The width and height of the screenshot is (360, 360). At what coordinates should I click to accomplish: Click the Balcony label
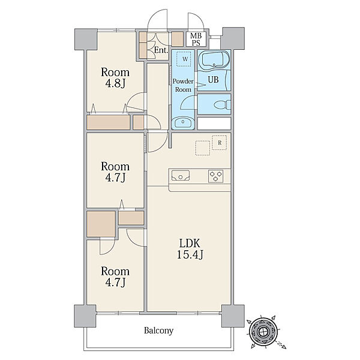coord(158,331)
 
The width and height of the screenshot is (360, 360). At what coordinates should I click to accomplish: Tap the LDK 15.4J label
coord(190,248)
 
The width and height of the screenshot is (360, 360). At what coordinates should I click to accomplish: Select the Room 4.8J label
coord(115,78)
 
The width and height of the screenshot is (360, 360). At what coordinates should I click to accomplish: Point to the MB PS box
coord(196,39)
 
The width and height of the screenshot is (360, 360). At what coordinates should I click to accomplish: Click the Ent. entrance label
coord(161,50)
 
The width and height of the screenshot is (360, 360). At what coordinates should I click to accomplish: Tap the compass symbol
coord(263,331)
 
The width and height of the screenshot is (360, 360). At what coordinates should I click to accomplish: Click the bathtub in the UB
coord(214,59)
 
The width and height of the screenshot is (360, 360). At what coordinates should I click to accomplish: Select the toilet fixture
coord(222,105)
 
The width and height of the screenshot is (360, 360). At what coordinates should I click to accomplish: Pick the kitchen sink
coord(181,176)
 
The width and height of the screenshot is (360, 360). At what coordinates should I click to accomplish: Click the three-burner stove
coord(215,176)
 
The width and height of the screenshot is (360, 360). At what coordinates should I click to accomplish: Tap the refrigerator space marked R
coord(220,143)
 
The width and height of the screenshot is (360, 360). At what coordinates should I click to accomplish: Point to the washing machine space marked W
coord(184,59)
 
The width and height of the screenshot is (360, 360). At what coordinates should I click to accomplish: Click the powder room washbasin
coord(183,122)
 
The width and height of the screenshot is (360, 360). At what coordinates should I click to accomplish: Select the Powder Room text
coord(183,85)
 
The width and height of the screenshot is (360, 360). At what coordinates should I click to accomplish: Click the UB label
coord(213,80)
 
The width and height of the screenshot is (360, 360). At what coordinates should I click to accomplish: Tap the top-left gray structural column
coord(86,39)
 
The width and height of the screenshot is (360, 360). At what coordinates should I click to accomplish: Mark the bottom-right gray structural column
coord(233,316)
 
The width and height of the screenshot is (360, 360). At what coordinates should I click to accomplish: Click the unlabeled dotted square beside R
coord(203,148)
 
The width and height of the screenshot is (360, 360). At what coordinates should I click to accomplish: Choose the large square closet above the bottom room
coord(101,224)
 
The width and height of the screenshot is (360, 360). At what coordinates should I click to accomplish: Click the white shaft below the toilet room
coord(214,124)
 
